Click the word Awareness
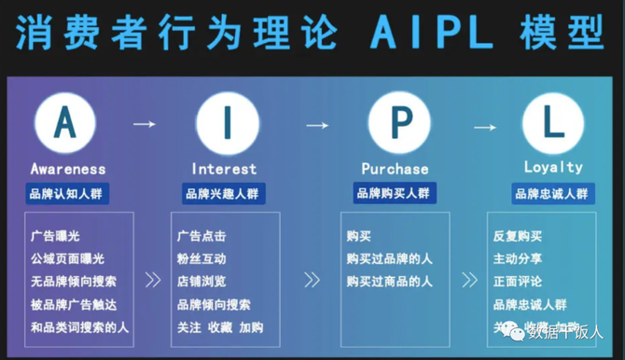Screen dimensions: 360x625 [68, 169]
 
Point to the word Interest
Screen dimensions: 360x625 [224, 169]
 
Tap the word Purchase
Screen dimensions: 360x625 [395, 169]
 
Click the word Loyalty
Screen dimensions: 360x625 [553, 168]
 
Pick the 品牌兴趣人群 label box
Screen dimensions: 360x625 [221, 193]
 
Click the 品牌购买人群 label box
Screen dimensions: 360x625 [394, 193]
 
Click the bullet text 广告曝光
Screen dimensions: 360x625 [55, 236]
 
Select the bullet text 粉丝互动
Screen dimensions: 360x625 [201, 258]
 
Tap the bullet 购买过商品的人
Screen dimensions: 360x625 [389, 281]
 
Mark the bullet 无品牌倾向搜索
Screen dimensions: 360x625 [74, 281]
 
